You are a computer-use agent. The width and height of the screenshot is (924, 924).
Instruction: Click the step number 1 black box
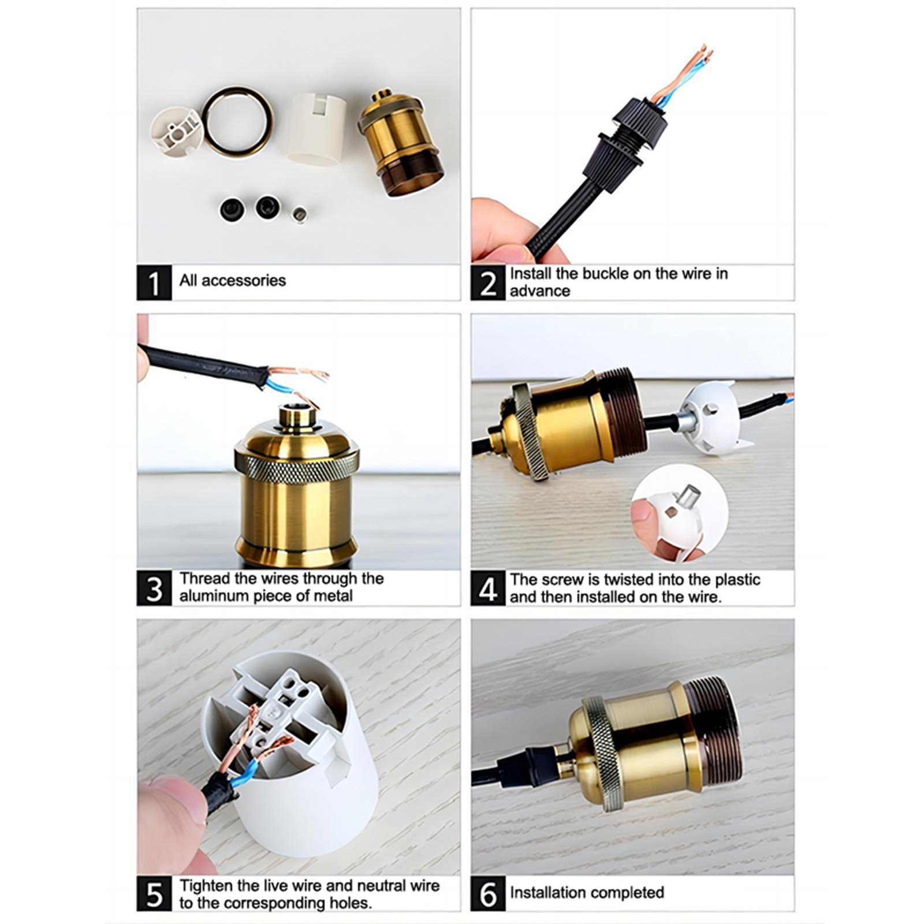[154, 282]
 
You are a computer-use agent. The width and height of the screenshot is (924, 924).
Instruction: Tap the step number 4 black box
[488, 588]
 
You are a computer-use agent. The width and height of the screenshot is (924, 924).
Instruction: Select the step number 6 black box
[488, 893]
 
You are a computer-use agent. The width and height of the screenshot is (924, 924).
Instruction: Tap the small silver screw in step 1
[299, 215]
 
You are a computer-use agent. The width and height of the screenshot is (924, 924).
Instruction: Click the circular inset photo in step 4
[680, 513]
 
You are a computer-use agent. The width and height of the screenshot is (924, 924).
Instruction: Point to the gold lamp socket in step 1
[400, 143]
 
